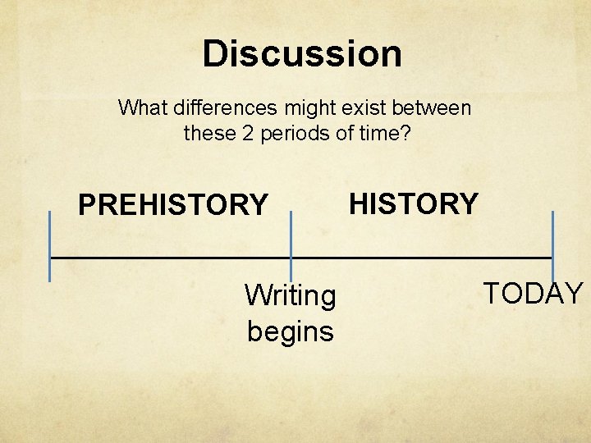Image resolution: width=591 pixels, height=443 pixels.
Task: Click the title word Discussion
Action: click(x=302, y=54)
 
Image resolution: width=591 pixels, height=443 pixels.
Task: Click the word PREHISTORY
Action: click(x=172, y=204)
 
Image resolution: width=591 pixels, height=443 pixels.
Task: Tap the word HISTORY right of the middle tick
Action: click(x=414, y=203)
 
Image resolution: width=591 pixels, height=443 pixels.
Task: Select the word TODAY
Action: click(x=534, y=293)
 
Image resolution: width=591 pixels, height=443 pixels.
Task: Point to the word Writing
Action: click(x=290, y=295)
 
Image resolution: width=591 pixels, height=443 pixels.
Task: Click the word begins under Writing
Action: click(x=290, y=331)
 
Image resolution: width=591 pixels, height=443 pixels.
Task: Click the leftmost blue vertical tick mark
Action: click(x=50, y=246)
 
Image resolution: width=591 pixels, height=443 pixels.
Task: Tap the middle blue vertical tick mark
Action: click(x=291, y=246)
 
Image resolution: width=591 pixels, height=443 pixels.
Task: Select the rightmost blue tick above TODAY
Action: click(x=552, y=246)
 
